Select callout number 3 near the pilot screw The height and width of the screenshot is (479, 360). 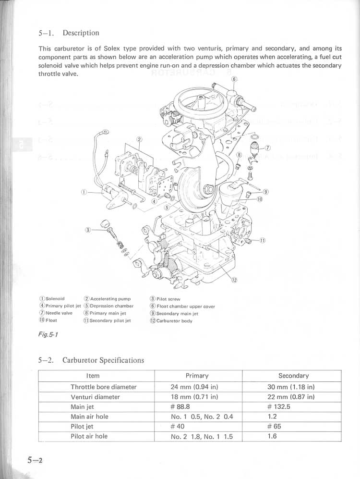(88, 230)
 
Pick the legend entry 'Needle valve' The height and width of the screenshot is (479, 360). (56, 313)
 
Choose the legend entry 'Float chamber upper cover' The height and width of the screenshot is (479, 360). (182, 307)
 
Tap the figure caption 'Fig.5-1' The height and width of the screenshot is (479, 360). (48, 335)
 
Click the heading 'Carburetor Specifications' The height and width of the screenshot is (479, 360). (103, 360)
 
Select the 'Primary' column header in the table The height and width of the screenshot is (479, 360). (197, 376)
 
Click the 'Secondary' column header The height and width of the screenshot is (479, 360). (293, 376)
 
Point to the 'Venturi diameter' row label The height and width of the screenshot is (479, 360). (95, 397)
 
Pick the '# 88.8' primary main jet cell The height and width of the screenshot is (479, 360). (181, 407)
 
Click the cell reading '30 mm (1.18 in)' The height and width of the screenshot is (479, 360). (291, 387)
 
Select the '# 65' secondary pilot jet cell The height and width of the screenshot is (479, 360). (275, 427)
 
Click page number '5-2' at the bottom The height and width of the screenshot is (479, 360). (35, 460)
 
